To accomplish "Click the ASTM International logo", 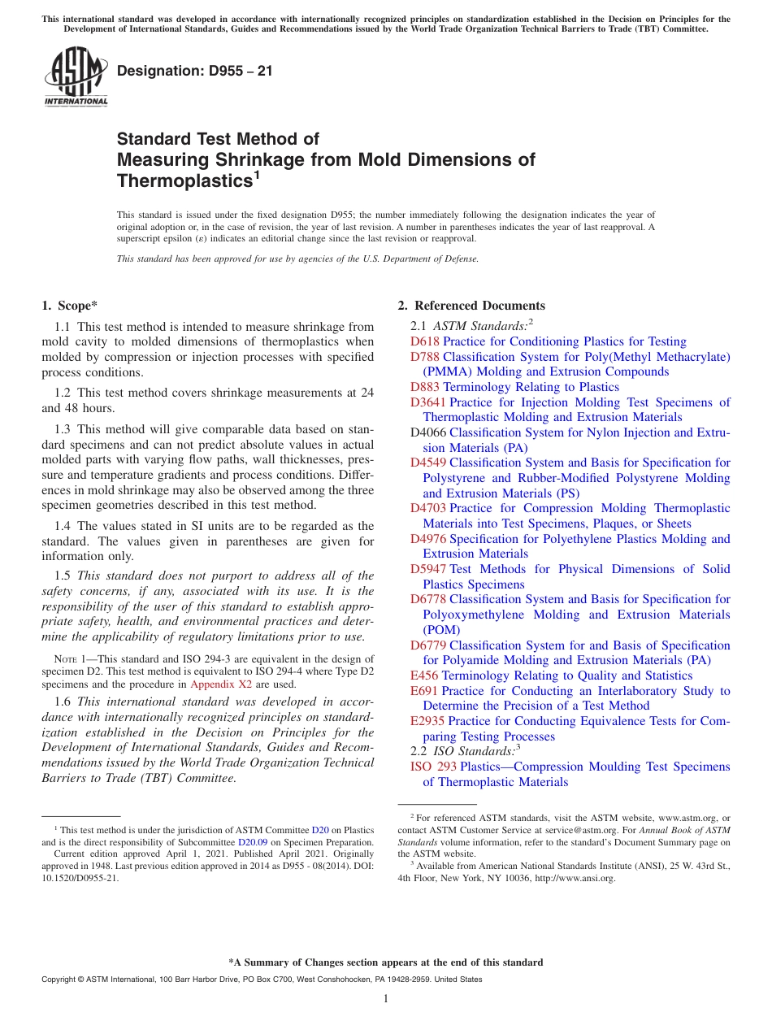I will (x=76, y=77).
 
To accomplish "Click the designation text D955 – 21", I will (x=195, y=72).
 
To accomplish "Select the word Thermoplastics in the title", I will (x=184, y=180).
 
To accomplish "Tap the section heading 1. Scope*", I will (x=69, y=306).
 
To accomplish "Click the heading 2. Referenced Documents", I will (x=471, y=306).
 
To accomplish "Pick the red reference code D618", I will (x=425, y=341).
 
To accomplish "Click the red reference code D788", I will (x=425, y=357).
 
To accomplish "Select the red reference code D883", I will (x=425, y=387).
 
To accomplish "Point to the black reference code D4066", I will (x=428, y=432).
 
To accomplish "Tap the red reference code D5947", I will (x=428, y=569).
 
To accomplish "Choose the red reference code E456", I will (x=424, y=676).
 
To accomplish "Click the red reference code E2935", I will (x=427, y=721).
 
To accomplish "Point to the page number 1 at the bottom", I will (x=386, y=998).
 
